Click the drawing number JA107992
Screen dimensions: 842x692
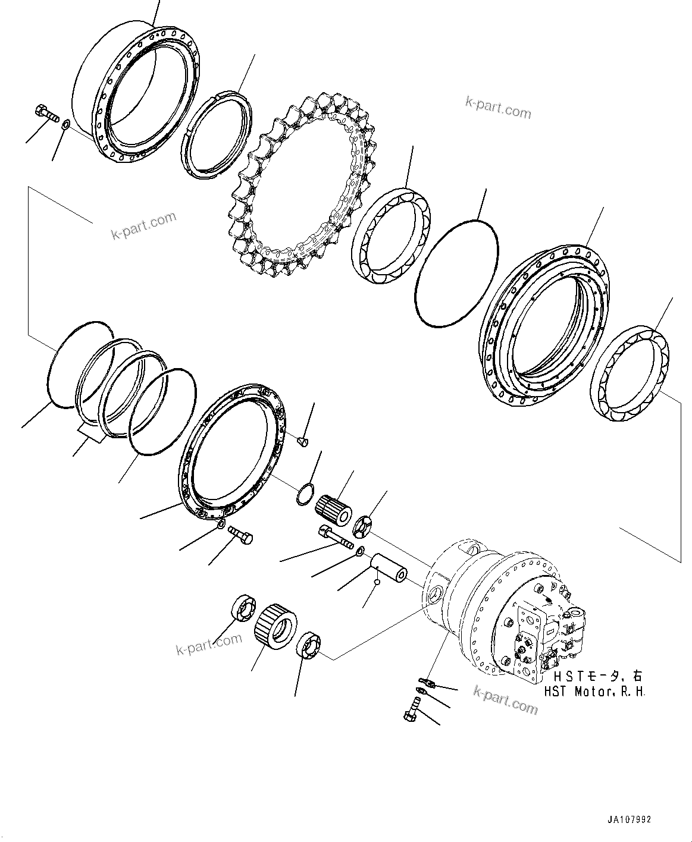[629, 819]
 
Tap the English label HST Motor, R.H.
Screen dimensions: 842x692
[594, 692]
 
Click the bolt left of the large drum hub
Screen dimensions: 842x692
[43, 112]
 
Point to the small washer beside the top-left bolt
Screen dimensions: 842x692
[66, 124]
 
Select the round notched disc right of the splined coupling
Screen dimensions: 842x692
[362, 526]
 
